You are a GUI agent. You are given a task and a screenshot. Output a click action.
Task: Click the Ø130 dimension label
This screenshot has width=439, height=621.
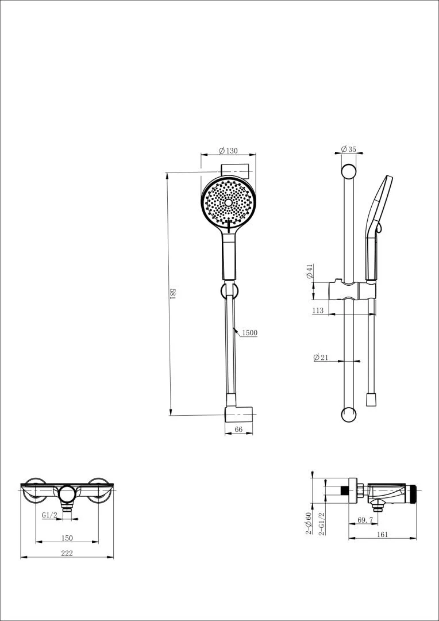tap(228, 151)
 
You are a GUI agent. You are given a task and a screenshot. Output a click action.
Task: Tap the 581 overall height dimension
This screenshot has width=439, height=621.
tap(172, 294)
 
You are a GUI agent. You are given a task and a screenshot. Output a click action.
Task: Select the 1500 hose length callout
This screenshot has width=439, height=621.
tap(249, 333)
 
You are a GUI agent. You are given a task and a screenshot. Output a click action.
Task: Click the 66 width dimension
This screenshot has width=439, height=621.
tap(239, 430)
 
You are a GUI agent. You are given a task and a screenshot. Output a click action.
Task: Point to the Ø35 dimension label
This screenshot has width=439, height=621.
tap(348, 149)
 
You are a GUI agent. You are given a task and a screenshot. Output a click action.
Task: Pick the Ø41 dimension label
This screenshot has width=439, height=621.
tap(310, 272)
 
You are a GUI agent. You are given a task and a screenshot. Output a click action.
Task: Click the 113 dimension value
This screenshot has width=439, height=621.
tap(318, 310)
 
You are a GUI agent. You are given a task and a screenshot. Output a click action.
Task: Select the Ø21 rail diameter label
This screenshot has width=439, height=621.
tap(321, 357)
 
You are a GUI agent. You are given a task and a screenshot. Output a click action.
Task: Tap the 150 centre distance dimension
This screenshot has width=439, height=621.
tap(67, 538)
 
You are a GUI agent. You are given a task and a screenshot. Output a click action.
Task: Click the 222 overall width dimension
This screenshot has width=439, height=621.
tap(67, 553)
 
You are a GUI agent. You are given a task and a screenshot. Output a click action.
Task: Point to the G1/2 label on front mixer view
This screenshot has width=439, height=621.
tap(49, 515)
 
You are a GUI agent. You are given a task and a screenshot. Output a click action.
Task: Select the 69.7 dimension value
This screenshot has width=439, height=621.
tap(365, 520)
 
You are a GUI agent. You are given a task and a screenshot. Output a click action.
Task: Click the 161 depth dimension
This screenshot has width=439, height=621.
tap(382, 534)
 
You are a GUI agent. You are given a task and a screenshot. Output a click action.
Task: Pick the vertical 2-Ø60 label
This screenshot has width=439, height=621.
tap(309, 524)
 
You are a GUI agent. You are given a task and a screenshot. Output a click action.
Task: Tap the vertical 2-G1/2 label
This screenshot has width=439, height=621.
tap(322, 524)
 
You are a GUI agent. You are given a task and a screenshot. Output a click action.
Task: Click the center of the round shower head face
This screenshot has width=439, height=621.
tap(229, 202)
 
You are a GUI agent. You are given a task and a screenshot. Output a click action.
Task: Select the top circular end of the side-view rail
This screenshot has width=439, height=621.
tap(349, 171)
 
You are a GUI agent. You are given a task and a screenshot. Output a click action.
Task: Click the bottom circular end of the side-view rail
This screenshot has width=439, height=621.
tap(349, 413)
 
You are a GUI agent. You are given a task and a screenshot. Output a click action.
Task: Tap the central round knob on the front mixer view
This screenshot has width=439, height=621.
tap(67, 493)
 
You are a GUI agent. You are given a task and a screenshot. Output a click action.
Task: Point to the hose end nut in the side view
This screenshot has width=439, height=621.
tap(371, 400)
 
